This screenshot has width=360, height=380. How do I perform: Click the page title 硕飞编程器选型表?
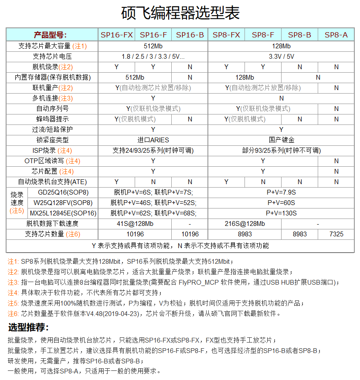click(180, 13)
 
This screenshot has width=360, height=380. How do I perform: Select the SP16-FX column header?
click(116, 35)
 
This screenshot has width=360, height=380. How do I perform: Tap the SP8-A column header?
click(336, 35)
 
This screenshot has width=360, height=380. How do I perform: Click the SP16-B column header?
click(190, 35)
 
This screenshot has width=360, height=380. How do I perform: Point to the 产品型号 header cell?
click(52, 35)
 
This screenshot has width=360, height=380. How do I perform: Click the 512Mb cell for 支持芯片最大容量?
click(153, 46)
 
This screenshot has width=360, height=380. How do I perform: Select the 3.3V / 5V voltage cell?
click(281, 56)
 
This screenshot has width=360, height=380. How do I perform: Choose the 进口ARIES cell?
click(153, 140)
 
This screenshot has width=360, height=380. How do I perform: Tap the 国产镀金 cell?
click(281, 140)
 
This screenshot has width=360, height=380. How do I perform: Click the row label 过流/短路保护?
click(52, 129)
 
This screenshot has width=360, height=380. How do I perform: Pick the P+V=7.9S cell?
click(281, 192)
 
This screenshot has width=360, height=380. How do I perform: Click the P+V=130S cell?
click(281, 213)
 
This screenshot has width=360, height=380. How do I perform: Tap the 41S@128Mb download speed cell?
click(135, 223)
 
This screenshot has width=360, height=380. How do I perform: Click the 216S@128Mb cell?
click(245, 223)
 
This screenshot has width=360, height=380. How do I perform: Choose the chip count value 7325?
click(336, 234)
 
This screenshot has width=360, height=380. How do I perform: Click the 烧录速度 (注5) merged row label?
click(17, 202)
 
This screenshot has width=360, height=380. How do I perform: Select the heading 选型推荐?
click(28, 327)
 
